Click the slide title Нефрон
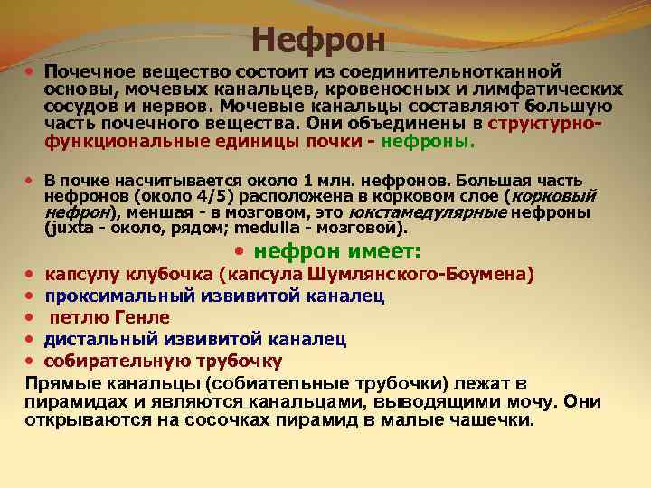tap(318, 39)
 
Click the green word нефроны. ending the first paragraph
tap(428, 142)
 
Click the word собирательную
tap(112, 361)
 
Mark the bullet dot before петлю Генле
tap(30, 317)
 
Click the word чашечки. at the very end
tap(496, 420)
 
